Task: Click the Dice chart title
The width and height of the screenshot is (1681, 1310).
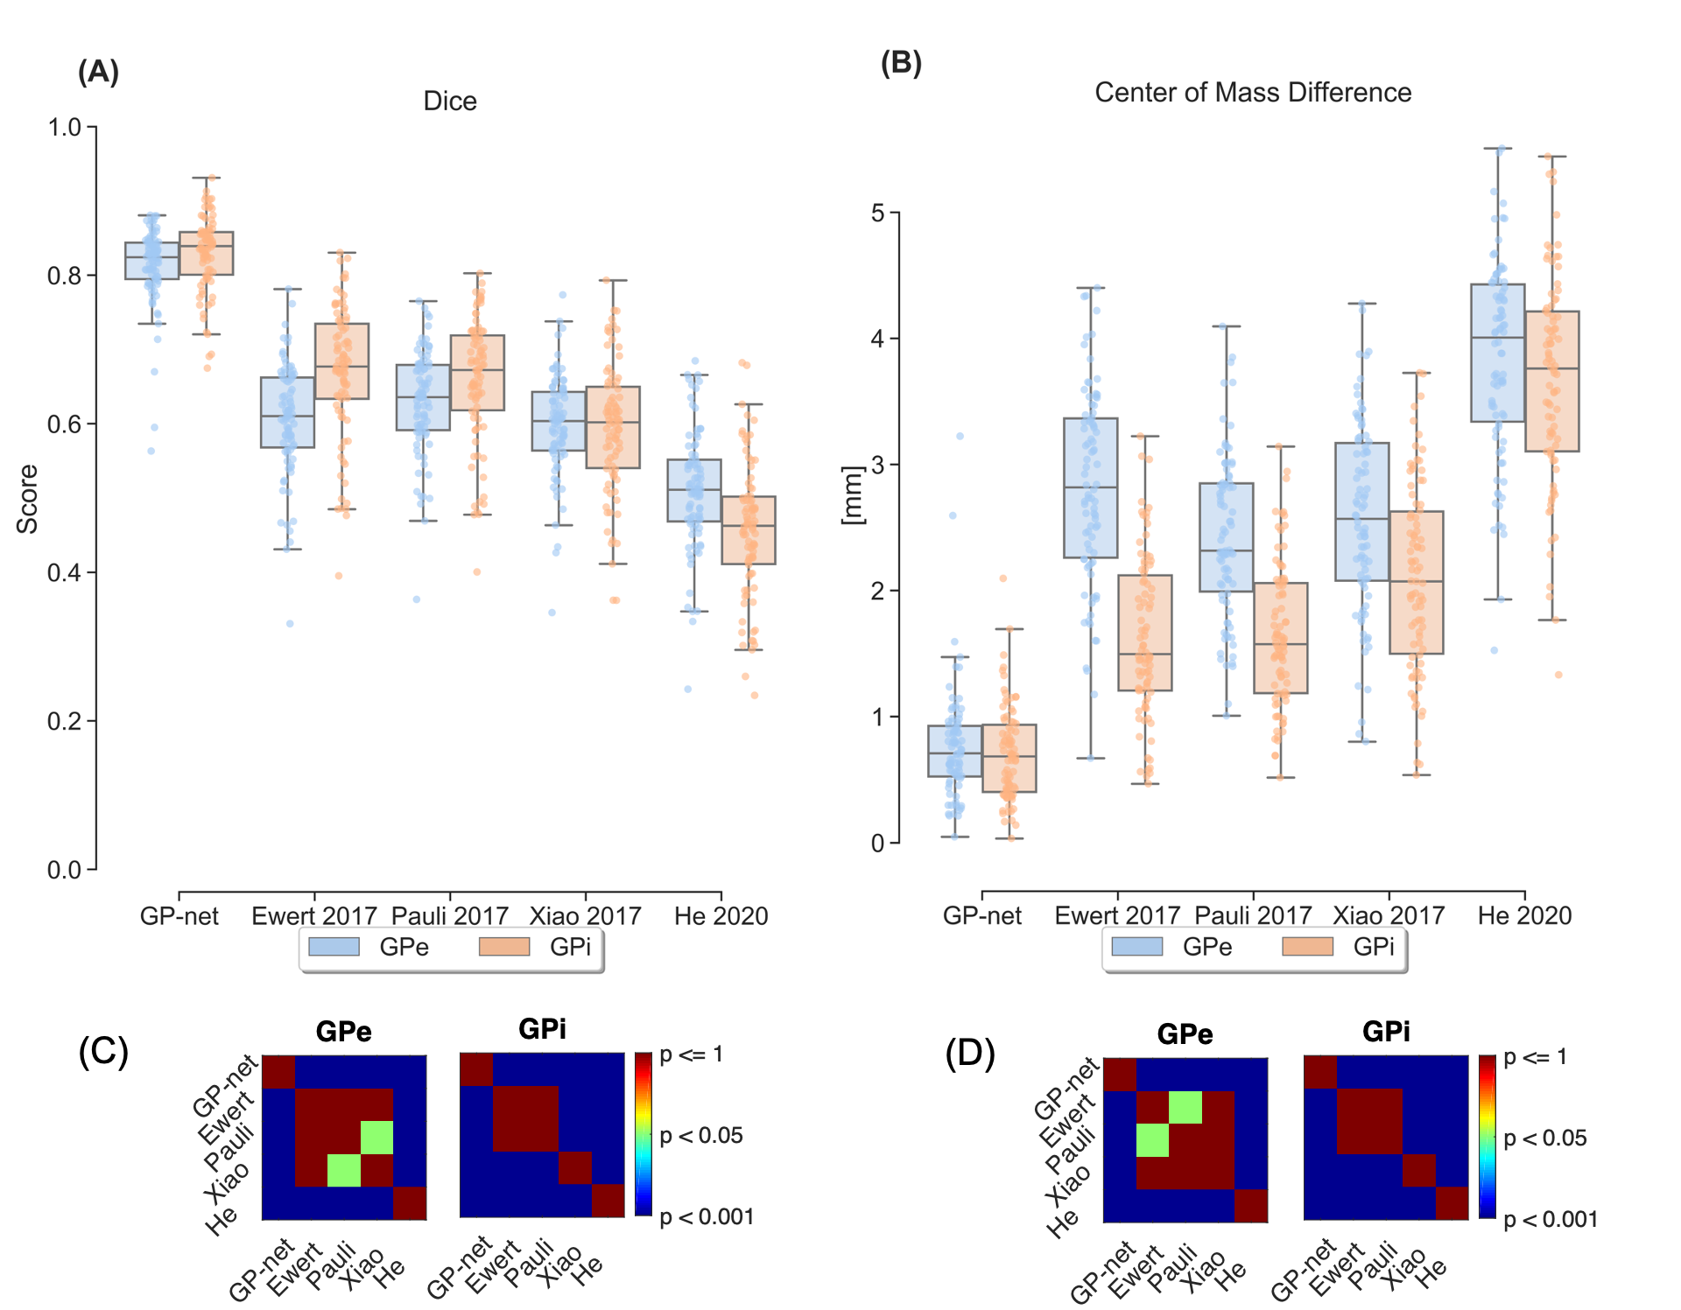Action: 450,102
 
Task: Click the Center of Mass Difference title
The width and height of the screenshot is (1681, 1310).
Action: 1252,93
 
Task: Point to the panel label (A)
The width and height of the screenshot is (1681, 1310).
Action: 98,72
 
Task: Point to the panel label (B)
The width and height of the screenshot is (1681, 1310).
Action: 901,63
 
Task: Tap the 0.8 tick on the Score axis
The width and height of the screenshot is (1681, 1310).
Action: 64,276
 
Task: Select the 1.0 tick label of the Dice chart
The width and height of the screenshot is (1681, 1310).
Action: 64,128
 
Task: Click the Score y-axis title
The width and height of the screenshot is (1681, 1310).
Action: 27,499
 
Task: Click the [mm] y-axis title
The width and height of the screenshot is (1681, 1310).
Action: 851,494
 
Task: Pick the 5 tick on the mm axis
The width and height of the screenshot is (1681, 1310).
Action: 877,213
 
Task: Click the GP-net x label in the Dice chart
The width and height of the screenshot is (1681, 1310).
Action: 179,916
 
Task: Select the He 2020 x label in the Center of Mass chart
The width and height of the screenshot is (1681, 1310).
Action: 1524,915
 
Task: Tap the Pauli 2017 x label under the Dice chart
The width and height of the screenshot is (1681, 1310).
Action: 449,916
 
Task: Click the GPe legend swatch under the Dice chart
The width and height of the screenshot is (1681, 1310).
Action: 334,947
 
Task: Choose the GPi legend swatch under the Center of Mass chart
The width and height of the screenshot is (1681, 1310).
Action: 1307,947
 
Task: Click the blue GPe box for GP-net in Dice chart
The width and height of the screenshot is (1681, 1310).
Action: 151,261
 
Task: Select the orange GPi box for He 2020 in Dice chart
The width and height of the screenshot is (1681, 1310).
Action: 749,530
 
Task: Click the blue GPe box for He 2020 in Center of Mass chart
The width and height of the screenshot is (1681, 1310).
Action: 1497,353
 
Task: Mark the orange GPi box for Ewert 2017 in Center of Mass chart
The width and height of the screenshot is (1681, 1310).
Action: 1145,633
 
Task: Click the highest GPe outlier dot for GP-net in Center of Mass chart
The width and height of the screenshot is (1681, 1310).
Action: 960,436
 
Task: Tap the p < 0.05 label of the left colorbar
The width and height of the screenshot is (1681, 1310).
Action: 701,1136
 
